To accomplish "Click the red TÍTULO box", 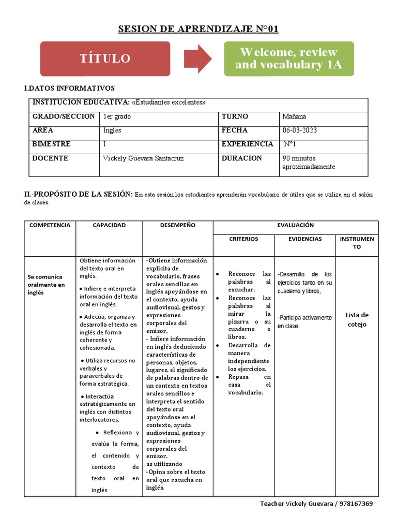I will coord(105,58).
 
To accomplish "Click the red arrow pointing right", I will coord(197,58).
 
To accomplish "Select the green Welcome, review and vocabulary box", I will coord(288,58).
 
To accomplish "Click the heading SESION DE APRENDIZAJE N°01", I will coord(198,29).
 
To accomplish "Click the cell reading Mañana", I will coord(294,116).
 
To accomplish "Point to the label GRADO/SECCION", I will coord(64,116).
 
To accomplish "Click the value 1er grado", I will coord(117,116).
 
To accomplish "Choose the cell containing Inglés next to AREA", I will coord(112,130).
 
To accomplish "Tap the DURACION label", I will coord(241,158).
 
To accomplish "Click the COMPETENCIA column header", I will coord(50,225).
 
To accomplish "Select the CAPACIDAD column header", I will coord(109,225).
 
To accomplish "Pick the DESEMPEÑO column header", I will coord(177,225).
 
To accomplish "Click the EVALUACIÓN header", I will coord(296,225).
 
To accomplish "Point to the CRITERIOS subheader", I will coord(243,239).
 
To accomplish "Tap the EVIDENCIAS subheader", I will coord(305,239).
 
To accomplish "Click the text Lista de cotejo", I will coord(357,319).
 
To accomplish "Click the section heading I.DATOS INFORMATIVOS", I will coord(69,89).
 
